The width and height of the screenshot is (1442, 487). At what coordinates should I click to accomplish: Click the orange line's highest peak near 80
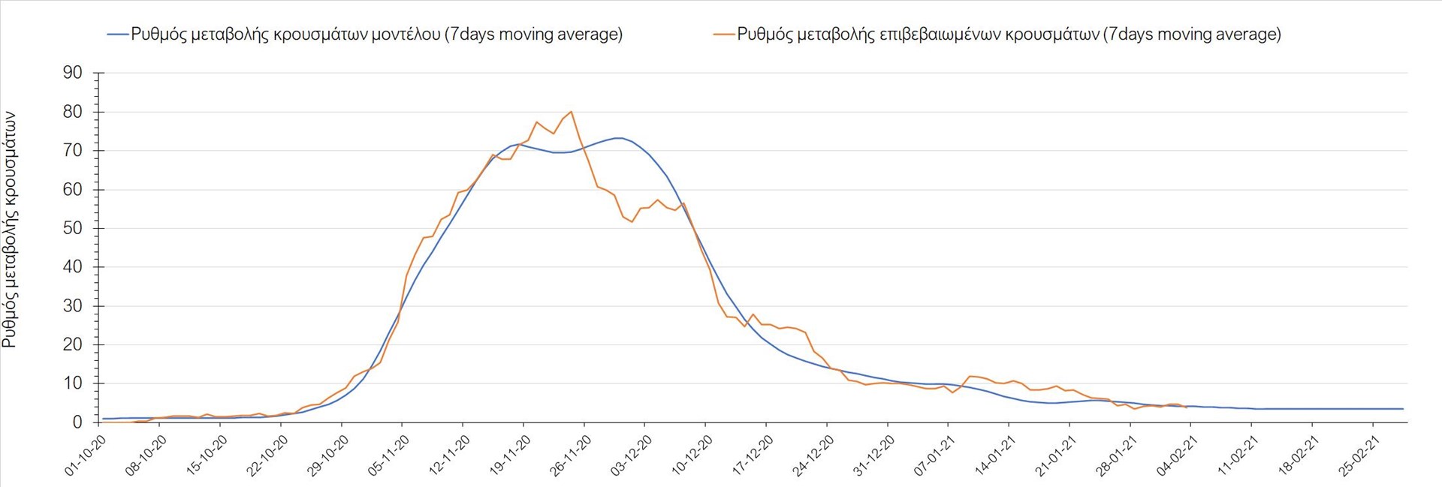click(x=572, y=112)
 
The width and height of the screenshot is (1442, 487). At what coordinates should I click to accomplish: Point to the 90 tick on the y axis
click(x=73, y=73)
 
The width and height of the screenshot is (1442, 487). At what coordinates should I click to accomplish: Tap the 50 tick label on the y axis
click(x=73, y=228)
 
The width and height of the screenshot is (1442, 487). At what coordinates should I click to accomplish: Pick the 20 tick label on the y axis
click(x=73, y=344)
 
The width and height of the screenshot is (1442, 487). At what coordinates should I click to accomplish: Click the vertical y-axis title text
click(x=10, y=230)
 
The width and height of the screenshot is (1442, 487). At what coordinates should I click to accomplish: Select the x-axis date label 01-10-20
click(x=84, y=456)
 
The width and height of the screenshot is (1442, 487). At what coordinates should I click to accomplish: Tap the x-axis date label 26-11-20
click(x=571, y=456)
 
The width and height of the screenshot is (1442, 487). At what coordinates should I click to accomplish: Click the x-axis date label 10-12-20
click(x=692, y=456)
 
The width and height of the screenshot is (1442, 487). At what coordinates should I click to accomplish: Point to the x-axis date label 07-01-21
click(x=935, y=456)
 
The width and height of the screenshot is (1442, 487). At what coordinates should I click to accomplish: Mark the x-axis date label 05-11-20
click(x=388, y=456)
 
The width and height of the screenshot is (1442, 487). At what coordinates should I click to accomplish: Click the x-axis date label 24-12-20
click(x=813, y=456)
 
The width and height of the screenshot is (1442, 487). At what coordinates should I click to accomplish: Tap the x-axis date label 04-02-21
click(x=1178, y=456)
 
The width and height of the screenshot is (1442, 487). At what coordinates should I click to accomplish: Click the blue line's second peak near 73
click(x=617, y=138)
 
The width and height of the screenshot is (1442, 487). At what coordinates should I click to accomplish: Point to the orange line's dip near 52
click(x=632, y=221)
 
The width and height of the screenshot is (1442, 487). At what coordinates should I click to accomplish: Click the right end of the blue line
click(x=1402, y=409)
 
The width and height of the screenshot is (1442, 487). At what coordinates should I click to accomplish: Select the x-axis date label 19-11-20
click(x=510, y=456)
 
